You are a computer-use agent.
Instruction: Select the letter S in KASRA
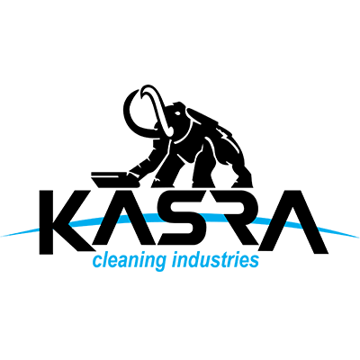point(178,220)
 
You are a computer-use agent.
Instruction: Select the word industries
point(215,259)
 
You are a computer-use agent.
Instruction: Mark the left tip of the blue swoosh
point(1,236)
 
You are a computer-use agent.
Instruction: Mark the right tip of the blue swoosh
point(358,237)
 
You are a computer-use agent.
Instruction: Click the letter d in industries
point(195,260)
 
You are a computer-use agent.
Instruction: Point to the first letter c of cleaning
point(98,262)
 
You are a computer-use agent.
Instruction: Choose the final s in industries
point(254,262)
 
